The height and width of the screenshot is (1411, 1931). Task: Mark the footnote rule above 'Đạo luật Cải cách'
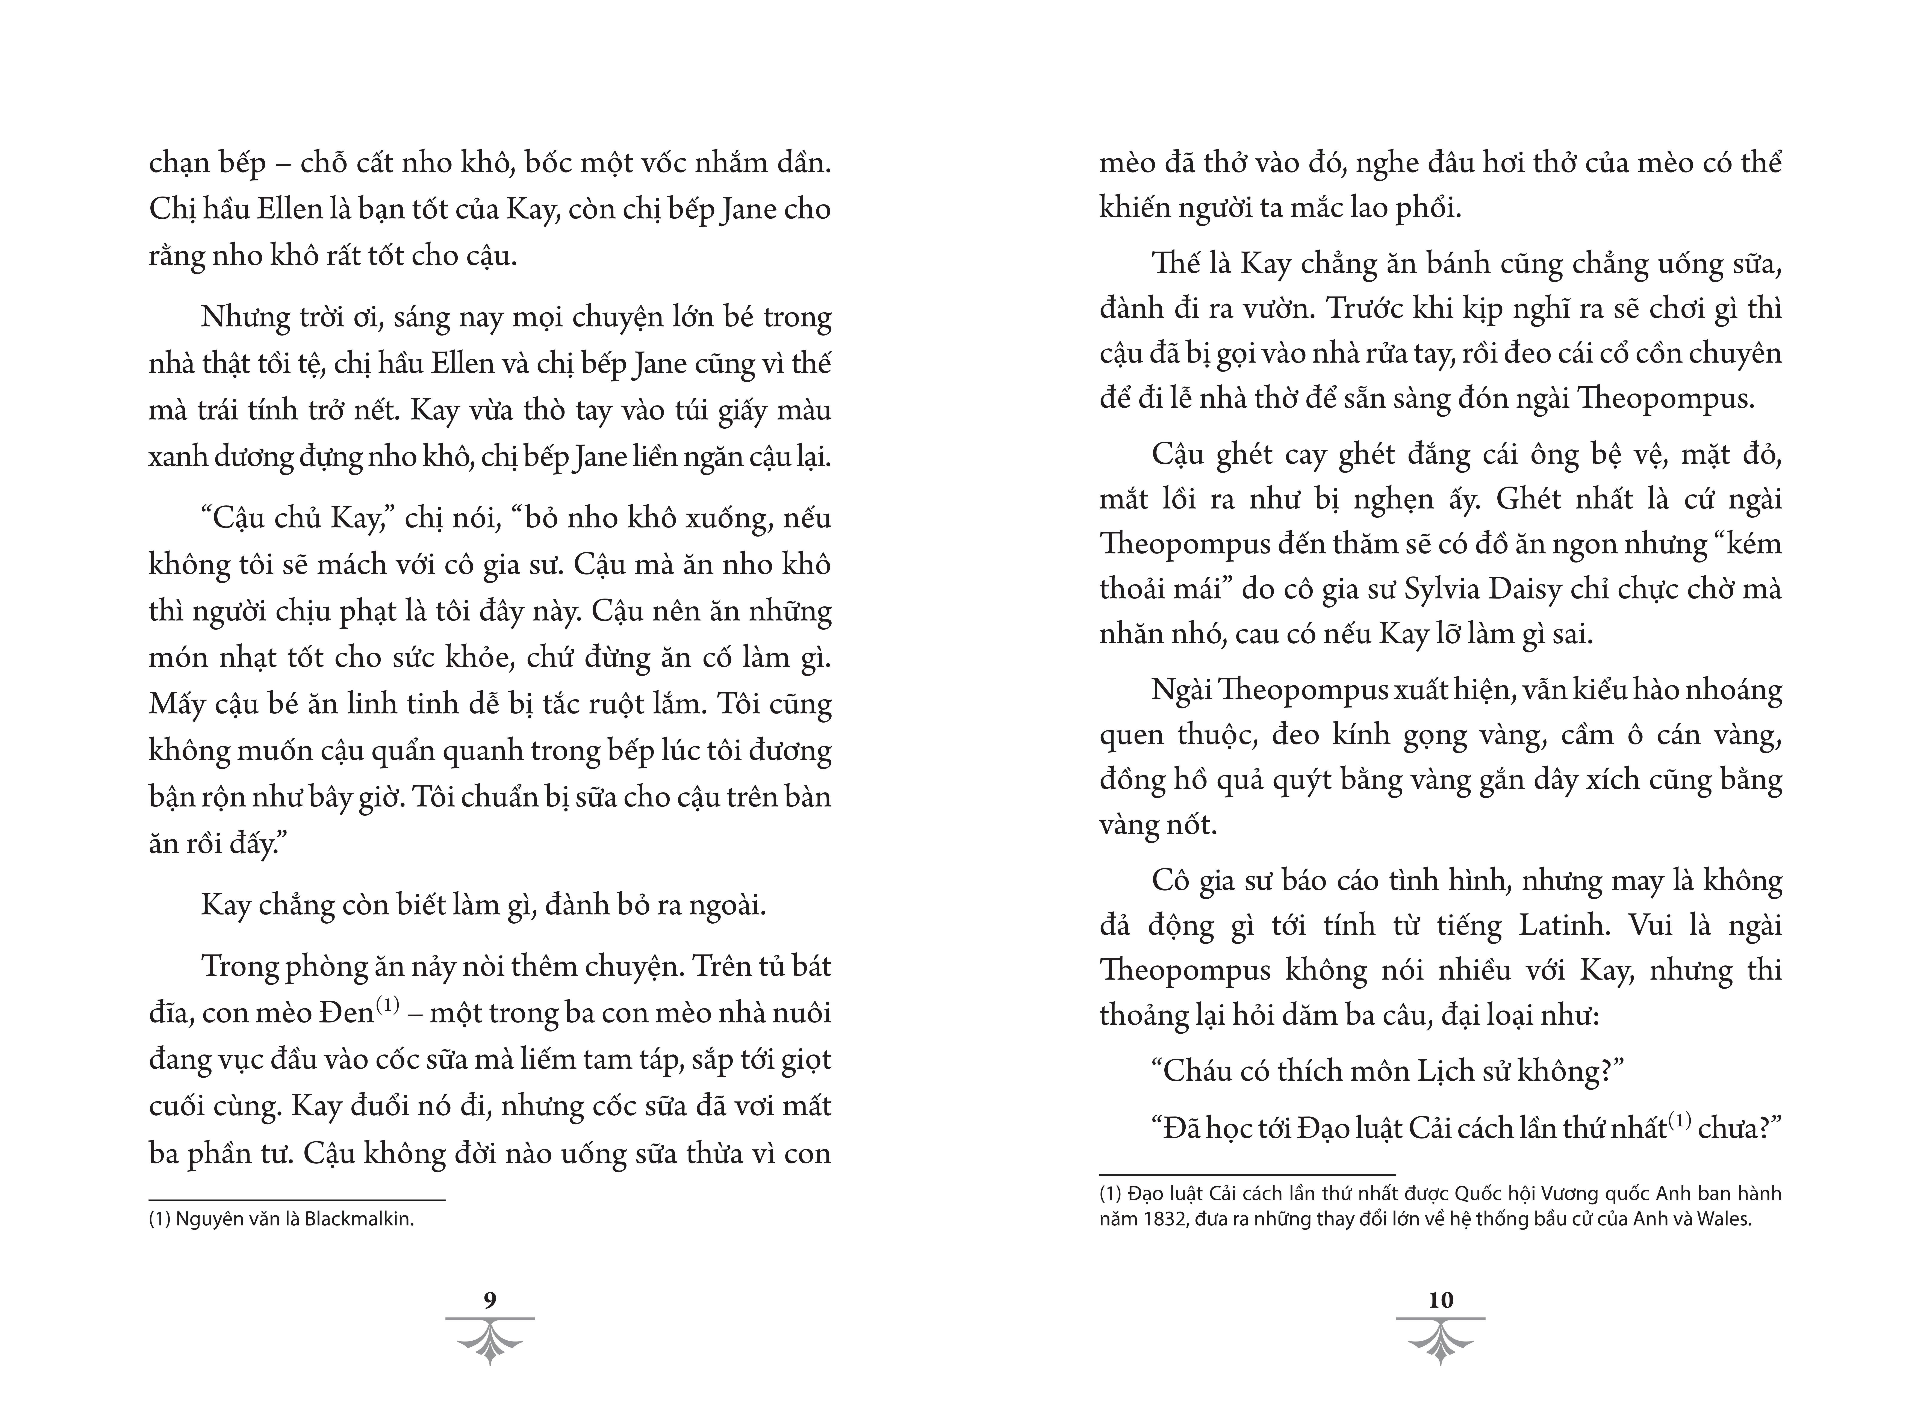(x=1247, y=1175)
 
